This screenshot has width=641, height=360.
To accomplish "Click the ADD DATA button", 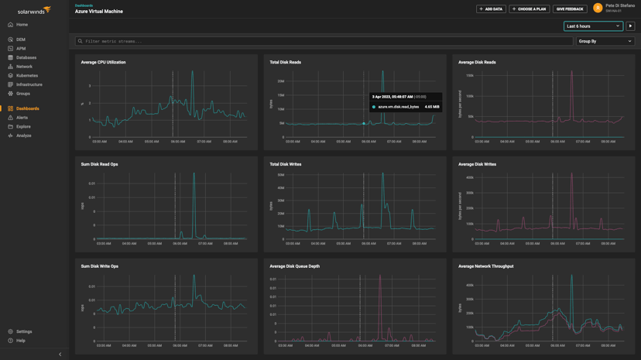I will click(491, 9).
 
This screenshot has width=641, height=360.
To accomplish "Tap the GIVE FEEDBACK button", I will click(569, 9).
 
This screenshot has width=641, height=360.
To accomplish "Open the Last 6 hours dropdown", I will click(593, 26).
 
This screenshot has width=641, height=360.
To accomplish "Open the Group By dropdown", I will click(605, 41).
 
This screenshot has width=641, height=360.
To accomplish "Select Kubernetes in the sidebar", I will click(27, 76).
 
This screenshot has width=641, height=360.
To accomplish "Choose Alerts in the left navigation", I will click(22, 118).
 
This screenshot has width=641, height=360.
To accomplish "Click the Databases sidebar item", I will click(26, 57).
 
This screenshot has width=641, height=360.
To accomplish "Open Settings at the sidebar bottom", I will click(24, 331).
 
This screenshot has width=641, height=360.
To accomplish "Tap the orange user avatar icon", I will click(598, 9).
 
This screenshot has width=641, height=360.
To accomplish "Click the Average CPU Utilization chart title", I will click(103, 62).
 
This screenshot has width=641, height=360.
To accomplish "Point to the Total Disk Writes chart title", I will click(286, 164).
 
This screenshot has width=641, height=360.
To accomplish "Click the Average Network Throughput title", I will click(485, 266).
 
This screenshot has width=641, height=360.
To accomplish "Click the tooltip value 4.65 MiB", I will click(432, 107).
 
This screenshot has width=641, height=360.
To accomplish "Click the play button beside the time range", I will click(630, 26).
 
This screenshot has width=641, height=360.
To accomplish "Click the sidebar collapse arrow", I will click(60, 355).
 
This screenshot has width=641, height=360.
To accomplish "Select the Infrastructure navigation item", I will click(29, 84).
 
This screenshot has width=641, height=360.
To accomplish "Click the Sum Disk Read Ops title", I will click(99, 164).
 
